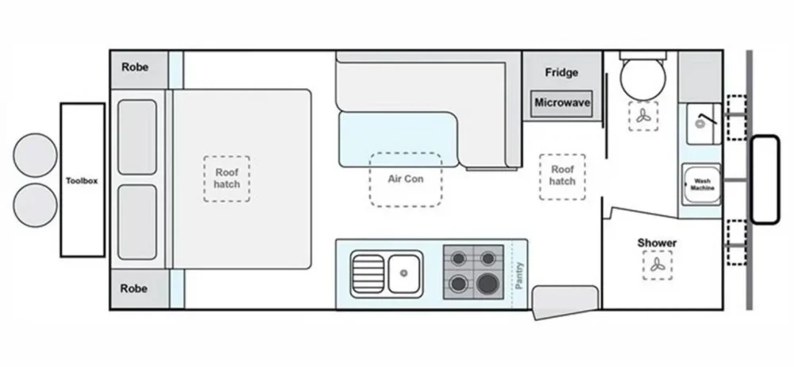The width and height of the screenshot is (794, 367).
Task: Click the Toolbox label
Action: click(82, 180)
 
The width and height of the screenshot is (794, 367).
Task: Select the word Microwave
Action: click(561, 103)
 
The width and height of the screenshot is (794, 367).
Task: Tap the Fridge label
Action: click(561, 72)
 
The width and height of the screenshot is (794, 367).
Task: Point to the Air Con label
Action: click(405, 179)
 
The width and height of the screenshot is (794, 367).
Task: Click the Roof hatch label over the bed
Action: click(226, 177)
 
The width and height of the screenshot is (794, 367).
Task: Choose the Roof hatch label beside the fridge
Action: click(562, 176)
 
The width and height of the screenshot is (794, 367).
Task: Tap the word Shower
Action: click(657, 242)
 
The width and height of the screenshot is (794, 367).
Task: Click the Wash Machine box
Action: click(700, 184)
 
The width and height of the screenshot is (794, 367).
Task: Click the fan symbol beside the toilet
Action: click(643, 118)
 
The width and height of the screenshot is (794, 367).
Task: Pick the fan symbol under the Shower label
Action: click(657, 265)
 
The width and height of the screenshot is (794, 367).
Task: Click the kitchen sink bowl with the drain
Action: click(405, 273)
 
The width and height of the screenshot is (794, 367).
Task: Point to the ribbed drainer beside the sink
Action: click(368, 273)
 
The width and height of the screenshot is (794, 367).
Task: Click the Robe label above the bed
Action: click(135, 68)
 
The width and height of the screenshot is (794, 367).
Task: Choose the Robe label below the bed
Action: click(135, 289)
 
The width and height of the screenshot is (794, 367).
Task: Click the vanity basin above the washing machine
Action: click(702, 123)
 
